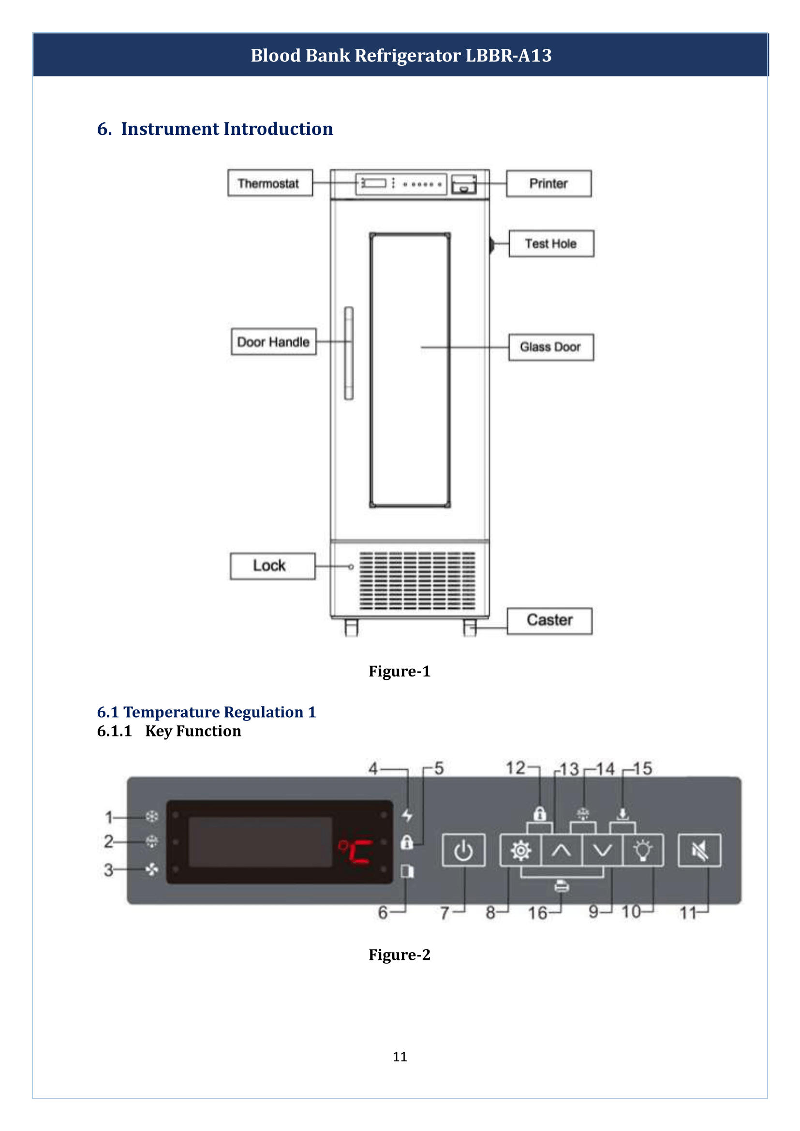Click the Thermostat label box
click(x=270, y=183)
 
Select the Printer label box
click(x=548, y=184)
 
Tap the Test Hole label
click(x=551, y=243)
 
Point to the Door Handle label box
click(x=273, y=342)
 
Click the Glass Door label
click(x=551, y=347)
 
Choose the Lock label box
click(x=272, y=566)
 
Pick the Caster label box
click(x=549, y=620)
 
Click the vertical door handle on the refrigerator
click(x=349, y=353)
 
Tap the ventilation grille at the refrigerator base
click(x=417, y=581)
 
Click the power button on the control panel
click(x=463, y=850)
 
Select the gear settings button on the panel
click(x=521, y=850)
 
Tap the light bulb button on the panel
click(x=643, y=850)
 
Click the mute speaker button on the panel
click(x=699, y=850)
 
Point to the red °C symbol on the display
click(x=355, y=851)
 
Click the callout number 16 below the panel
click(x=537, y=913)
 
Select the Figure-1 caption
click(x=400, y=672)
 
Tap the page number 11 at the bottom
click(x=400, y=1057)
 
